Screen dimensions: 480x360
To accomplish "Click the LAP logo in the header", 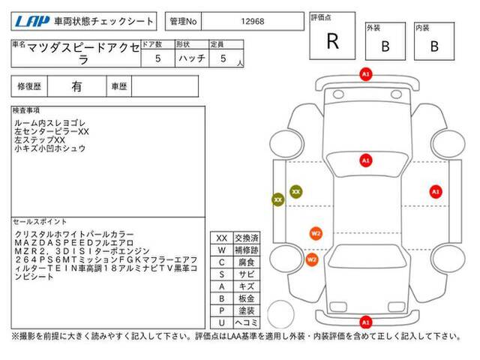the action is [x=32, y=21].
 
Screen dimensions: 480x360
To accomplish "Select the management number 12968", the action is [x=253, y=22].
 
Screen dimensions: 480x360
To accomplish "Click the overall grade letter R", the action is [x=333, y=41].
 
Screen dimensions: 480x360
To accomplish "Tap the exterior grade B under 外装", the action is [x=385, y=46].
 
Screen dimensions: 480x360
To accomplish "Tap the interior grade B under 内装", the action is [x=434, y=46].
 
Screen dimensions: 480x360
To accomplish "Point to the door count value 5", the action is [x=158, y=58].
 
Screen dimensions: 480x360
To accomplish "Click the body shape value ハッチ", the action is [x=192, y=58].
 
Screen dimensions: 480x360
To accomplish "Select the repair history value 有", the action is [x=76, y=87].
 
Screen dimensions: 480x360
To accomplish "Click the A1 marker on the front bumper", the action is [x=366, y=74].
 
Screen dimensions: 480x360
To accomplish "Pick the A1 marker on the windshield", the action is [x=366, y=160].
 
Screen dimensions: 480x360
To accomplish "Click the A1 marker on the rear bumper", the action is [x=366, y=322].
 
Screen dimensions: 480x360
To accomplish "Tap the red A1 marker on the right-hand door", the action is [x=436, y=192].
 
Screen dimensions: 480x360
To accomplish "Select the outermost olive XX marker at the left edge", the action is [x=278, y=200].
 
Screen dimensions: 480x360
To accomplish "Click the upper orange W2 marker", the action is [x=316, y=233].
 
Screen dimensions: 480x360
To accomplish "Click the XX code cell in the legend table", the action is [x=222, y=238].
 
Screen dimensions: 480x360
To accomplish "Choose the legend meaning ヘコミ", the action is [x=247, y=322].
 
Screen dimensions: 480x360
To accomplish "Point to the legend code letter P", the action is [x=222, y=310].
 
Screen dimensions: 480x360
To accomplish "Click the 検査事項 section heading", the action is [x=26, y=110].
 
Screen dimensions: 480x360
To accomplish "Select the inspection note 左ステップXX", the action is [x=40, y=140].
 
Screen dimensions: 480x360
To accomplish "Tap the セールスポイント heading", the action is [x=40, y=221].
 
